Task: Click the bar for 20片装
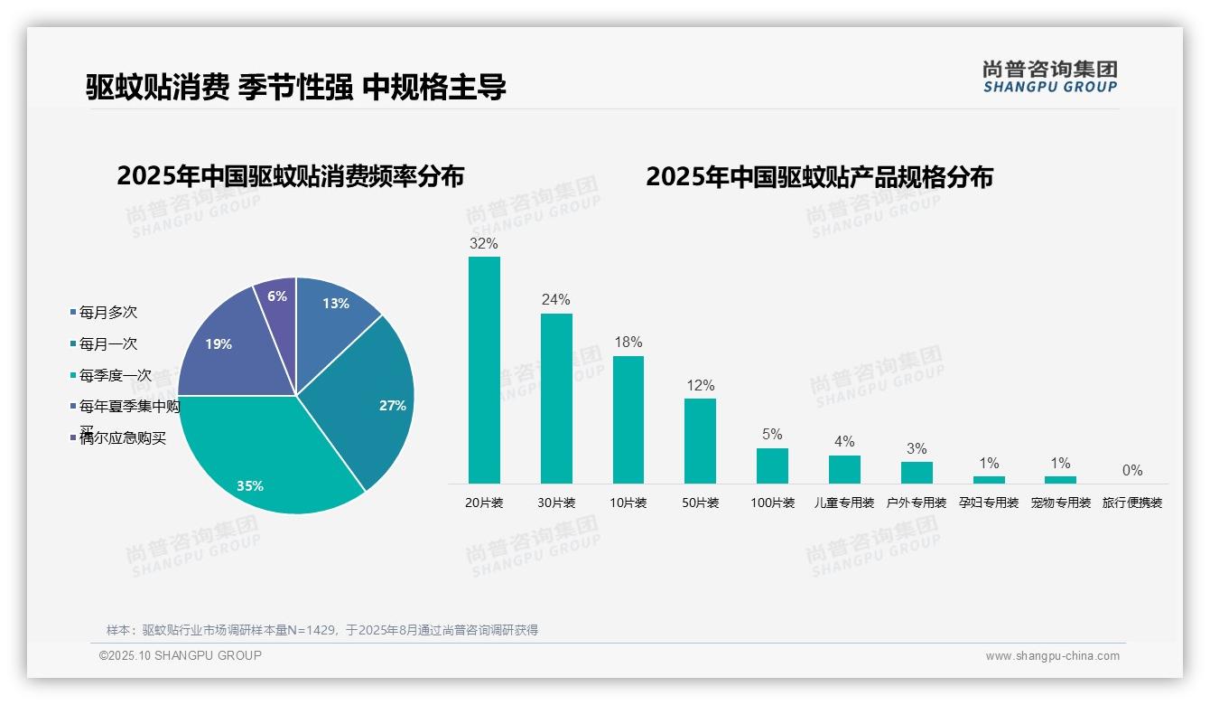(484, 371)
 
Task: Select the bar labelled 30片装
(556, 399)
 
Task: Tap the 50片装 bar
(700, 441)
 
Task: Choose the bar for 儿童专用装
(844, 469)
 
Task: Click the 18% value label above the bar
(628, 342)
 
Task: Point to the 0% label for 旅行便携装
(1132, 470)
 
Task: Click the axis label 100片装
(772, 503)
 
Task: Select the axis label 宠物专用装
(1061, 503)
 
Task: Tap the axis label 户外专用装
(917, 503)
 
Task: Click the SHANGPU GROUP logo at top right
(1049, 77)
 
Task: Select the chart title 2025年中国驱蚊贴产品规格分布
(819, 176)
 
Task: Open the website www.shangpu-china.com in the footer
(1052, 656)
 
